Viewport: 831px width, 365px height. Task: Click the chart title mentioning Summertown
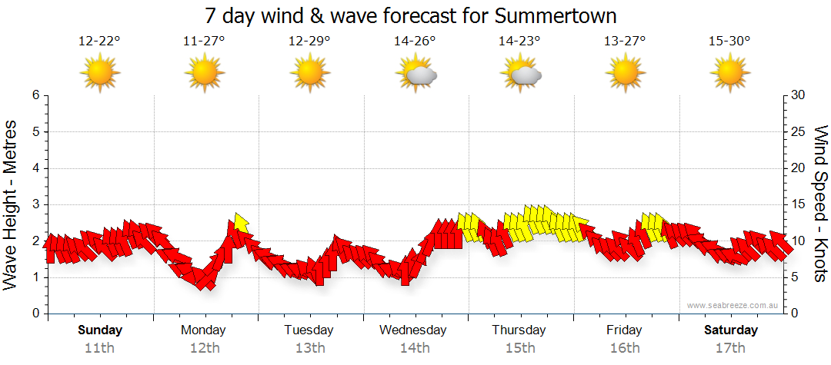pos(412,16)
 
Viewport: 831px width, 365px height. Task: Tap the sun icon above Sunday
pos(100,74)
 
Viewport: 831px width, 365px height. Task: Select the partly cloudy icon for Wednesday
pos(415,74)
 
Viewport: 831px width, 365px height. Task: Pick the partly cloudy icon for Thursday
pos(521,74)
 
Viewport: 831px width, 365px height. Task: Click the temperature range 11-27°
pos(204,41)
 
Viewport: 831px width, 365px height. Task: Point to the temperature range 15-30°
pos(729,41)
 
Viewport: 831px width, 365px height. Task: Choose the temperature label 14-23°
pos(519,41)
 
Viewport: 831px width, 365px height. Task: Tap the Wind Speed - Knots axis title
pos(819,204)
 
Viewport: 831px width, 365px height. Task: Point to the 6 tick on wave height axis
pos(35,95)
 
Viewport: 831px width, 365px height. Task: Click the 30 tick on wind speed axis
pos(799,95)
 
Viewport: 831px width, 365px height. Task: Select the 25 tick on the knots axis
pos(799,131)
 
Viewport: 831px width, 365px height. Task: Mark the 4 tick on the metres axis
pos(35,168)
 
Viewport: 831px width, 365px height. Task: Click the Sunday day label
pos(100,330)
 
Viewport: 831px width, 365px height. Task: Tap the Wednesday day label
pos(414,330)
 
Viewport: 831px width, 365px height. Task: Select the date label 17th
pos(730,348)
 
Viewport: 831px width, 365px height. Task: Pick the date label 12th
pos(204,348)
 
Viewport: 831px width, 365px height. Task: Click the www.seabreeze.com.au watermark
pos(733,305)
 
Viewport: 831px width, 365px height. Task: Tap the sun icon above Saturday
pos(729,74)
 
